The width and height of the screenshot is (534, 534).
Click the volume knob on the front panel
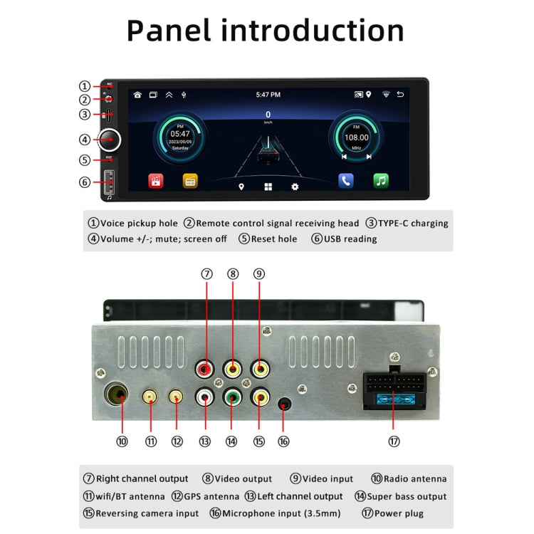[109, 139]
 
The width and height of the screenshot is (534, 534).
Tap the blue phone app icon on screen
[346, 181]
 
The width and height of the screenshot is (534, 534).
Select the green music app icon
[381, 181]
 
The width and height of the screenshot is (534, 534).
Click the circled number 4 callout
[85, 140]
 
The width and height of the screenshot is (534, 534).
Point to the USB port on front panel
[110, 183]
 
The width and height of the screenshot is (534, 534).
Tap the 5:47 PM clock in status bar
[268, 95]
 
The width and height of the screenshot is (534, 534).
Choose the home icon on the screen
[137, 95]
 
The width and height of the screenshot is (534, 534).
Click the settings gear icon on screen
[294, 187]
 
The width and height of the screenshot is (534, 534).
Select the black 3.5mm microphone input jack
[284, 406]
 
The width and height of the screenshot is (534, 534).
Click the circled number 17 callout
[394, 441]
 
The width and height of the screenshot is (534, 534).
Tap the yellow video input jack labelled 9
[259, 370]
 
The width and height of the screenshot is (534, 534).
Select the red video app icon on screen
[156, 181]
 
